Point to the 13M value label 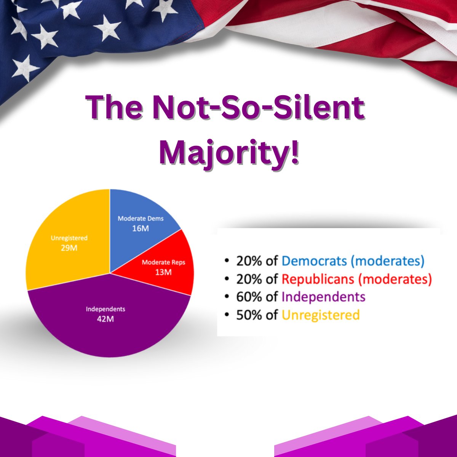point(163,272)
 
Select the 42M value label point(105,319)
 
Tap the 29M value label point(69,248)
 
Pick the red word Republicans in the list point(318,279)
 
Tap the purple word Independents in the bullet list point(324,297)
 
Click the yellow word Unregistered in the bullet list point(321,315)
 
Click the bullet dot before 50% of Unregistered point(227,315)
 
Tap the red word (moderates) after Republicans point(395,279)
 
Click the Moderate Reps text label point(163,262)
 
